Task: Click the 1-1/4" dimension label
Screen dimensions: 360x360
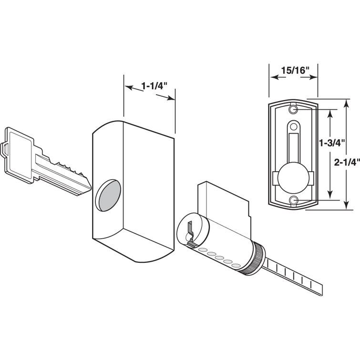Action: [x=150, y=86]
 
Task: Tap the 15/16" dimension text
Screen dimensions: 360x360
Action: [x=293, y=70]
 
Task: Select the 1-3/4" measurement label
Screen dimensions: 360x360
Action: [x=328, y=142]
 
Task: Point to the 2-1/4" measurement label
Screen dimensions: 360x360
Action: [x=348, y=162]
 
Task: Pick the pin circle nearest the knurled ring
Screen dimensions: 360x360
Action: [x=235, y=264]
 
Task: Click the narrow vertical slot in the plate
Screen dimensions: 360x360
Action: [x=292, y=148]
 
